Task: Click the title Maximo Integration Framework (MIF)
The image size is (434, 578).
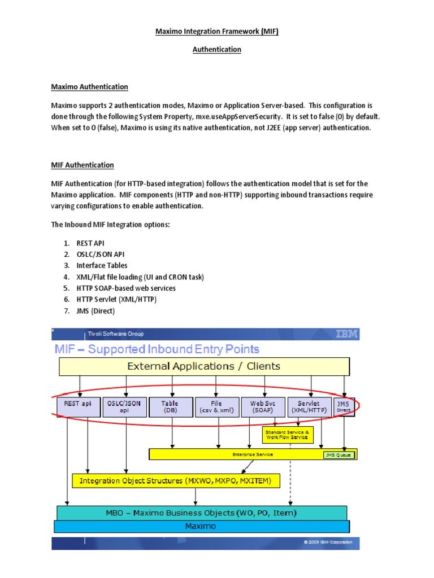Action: coord(217,32)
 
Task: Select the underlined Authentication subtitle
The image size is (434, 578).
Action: coord(217,50)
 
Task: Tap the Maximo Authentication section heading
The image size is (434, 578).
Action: coord(89,87)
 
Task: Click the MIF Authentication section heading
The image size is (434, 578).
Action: coord(83,165)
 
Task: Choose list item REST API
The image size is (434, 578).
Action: coord(90,243)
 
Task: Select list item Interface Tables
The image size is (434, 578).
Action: coord(102,265)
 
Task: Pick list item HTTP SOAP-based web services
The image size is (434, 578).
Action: coord(126,288)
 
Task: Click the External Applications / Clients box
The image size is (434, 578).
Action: coord(203,366)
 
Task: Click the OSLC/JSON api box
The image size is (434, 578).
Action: coord(125,407)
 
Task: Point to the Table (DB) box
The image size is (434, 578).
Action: coord(170,407)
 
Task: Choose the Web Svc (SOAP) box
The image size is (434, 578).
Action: coord(262,407)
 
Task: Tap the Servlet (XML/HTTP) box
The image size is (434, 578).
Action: coord(310,407)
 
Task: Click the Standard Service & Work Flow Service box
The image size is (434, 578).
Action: coord(287,435)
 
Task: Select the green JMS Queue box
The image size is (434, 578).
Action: coord(340,454)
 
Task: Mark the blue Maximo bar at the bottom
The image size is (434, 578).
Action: coord(201,526)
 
